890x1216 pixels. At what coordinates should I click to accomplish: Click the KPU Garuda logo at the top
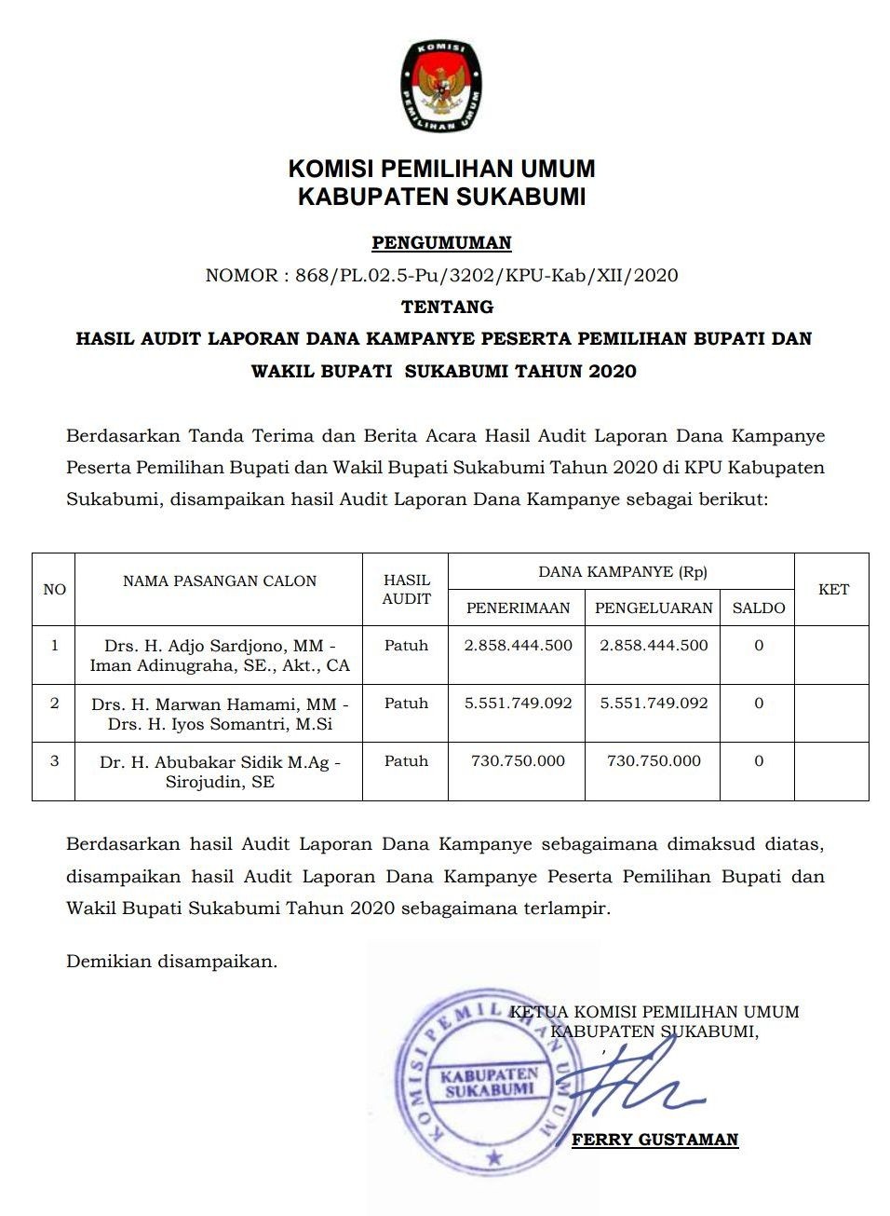pyautogui.click(x=441, y=86)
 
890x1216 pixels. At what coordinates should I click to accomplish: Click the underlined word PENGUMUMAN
pyautogui.click(x=441, y=243)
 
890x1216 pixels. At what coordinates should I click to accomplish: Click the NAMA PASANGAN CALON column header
pyautogui.click(x=220, y=581)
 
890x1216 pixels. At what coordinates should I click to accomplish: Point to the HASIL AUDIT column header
pyautogui.click(x=406, y=589)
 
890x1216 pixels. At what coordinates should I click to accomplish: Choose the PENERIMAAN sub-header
pyautogui.click(x=518, y=608)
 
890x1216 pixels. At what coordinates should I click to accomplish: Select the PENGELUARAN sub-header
pyautogui.click(x=654, y=608)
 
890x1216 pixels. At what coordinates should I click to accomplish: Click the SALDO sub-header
pyautogui.click(x=759, y=608)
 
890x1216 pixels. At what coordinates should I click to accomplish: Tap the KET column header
pyautogui.click(x=833, y=589)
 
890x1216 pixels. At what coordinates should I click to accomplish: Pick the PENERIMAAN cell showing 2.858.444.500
pyautogui.click(x=518, y=645)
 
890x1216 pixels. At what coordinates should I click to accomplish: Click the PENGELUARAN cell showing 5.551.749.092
pyautogui.click(x=654, y=703)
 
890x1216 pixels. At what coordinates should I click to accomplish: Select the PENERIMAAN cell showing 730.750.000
pyautogui.click(x=518, y=760)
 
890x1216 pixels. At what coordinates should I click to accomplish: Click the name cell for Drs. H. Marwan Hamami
pyautogui.click(x=220, y=714)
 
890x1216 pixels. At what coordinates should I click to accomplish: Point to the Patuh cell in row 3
pyautogui.click(x=406, y=760)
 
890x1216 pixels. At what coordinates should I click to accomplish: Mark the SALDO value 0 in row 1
pyautogui.click(x=759, y=645)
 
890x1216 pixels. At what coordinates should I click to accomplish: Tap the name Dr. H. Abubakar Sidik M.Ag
pyautogui.click(x=220, y=762)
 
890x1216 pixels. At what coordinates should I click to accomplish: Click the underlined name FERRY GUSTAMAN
pyautogui.click(x=654, y=1139)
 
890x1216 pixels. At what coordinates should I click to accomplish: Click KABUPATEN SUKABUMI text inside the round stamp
pyautogui.click(x=490, y=1082)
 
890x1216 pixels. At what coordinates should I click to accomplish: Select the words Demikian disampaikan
pyautogui.click(x=171, y=961)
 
